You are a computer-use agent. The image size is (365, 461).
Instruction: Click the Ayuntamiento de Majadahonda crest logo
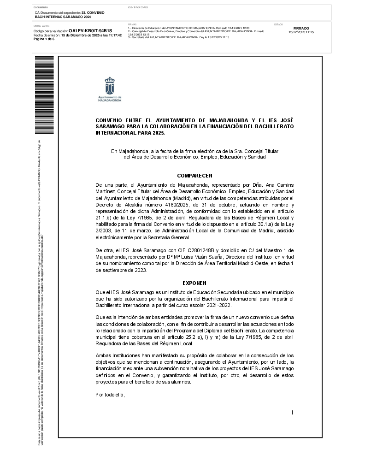point(110,86)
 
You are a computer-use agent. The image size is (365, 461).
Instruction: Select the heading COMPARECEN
point(194,176)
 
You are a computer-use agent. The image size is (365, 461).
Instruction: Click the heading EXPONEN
point(194,283)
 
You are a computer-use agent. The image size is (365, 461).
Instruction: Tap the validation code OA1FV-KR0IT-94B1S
point(90,31)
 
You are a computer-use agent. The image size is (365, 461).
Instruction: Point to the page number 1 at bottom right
point(292,413)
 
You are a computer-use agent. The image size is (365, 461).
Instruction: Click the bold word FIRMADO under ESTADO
point(301,28)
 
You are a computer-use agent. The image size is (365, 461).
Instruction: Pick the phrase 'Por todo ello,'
point(110,395)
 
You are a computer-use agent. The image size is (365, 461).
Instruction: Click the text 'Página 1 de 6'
point(44,39)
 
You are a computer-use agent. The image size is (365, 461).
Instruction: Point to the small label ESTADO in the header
point(278,24)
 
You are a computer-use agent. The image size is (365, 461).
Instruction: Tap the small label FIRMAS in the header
point(132,24)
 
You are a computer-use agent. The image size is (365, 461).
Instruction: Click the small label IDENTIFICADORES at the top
point(138,8)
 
